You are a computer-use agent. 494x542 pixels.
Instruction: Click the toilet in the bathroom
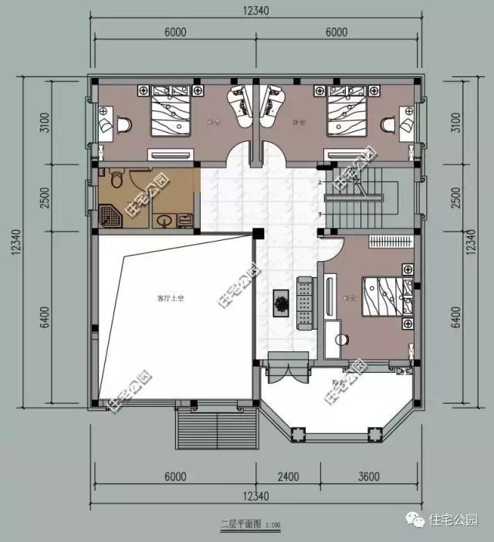pos(117,181)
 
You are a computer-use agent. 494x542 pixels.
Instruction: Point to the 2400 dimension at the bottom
pos(289,476)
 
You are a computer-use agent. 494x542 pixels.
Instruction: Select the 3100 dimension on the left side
pos(45,124)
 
